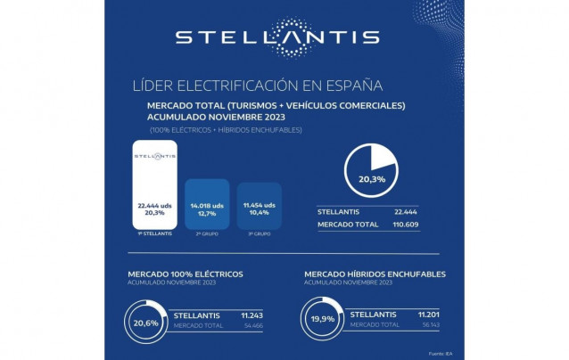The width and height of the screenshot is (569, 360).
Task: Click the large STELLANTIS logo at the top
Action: [276, 37]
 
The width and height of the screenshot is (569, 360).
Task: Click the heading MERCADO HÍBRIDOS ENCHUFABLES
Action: [375, 274]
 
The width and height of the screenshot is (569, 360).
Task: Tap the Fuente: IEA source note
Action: [440, 354]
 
